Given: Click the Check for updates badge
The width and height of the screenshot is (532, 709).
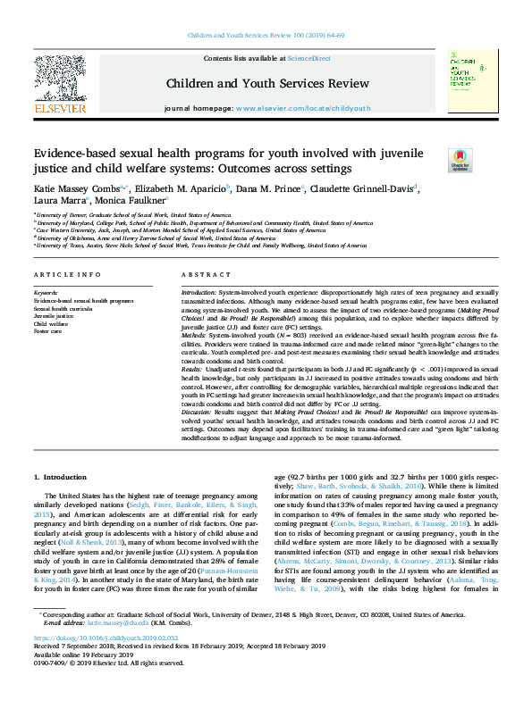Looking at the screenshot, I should tap(460, 160).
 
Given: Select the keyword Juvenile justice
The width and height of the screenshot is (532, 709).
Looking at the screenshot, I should tap(55, 316).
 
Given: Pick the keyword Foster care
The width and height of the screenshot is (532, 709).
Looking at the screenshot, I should tap(48, 331).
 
